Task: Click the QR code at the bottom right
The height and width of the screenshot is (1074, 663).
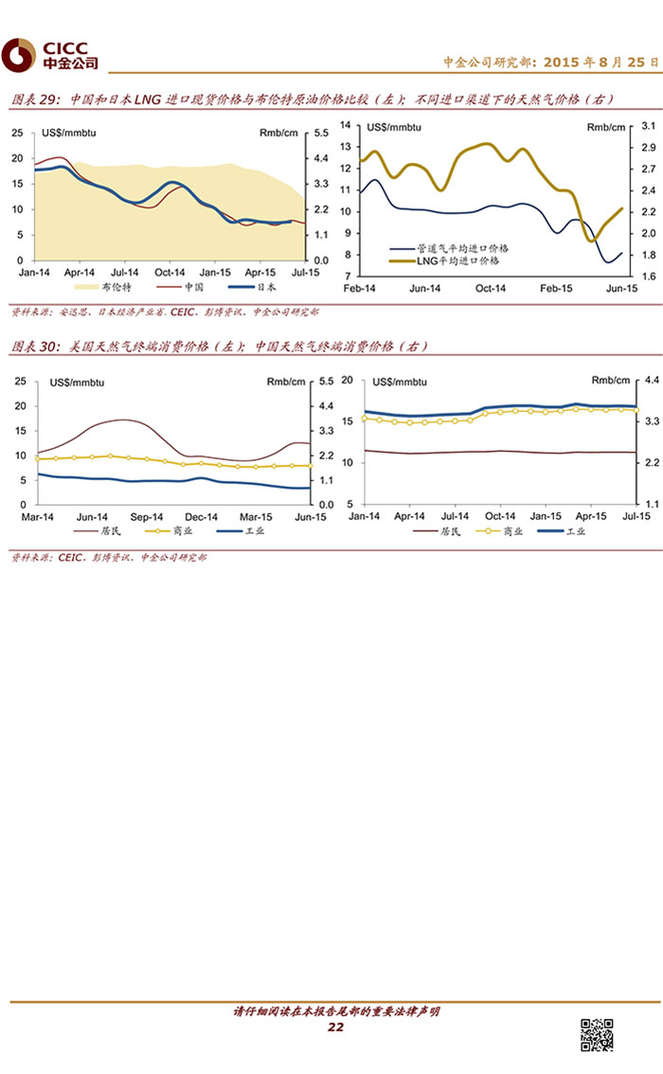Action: click(596, 1034)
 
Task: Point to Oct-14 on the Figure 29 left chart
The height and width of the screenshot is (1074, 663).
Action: click(170, 271)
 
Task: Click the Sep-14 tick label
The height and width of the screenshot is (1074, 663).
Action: click(147, 517)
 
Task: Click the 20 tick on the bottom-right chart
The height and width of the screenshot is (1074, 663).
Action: click(347, 381)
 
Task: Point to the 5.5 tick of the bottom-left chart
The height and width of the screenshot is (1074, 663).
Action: click(325, 382)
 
